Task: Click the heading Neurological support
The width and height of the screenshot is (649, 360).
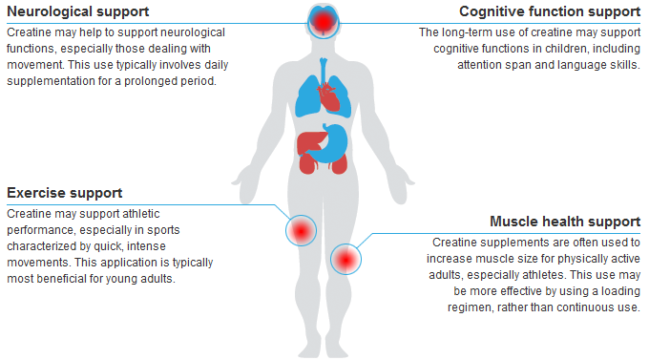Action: coord(78,12)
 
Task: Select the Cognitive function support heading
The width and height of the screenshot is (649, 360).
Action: coord(550,12)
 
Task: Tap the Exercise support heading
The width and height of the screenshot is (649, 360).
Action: coord(65,193)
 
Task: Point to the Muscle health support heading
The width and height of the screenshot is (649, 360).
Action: coord(565,222)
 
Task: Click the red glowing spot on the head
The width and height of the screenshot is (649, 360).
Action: coord(324,22)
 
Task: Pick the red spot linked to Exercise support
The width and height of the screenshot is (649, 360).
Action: coord(301,231)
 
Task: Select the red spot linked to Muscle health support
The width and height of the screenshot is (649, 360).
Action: coord(345,260)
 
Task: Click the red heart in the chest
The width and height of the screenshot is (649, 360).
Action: coord(328,96)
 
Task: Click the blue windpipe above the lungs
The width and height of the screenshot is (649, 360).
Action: coord(324,70)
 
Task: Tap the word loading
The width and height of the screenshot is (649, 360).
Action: coord(620,291)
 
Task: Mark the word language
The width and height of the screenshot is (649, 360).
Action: coord(579,65)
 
